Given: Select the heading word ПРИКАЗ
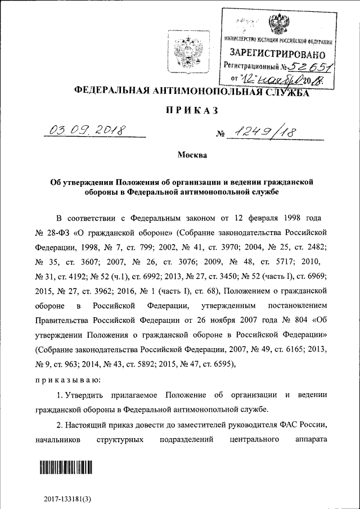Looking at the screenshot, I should (x=191, y=110).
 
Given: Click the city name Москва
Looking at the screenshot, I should (x=192, y=155).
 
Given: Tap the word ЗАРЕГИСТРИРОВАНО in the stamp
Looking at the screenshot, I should (x=277, y=54).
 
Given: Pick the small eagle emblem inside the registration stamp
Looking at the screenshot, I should (x=276, y=25).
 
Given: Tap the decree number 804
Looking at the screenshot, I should (x=301, y=321).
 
